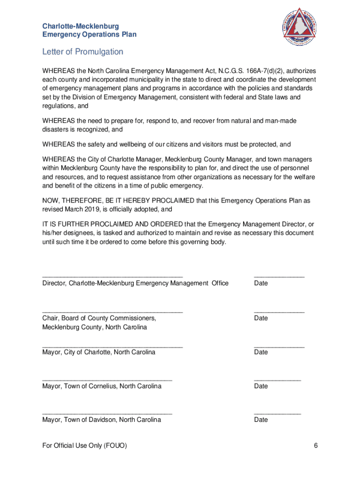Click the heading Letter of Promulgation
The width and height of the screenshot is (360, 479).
tap(83, 51)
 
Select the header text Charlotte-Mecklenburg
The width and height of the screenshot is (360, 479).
tap(80, 26)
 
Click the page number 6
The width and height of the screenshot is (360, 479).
tap(316, 445)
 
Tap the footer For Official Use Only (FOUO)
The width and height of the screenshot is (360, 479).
tap(84, 445)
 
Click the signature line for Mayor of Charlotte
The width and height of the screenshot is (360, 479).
tap(112, 347)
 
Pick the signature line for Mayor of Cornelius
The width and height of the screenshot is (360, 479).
tap(107, 380)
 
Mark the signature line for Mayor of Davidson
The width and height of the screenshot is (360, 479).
tap(107, 414)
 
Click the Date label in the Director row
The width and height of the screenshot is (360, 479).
tap(261, 283)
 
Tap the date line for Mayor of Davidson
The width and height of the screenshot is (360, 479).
tap(277, 414)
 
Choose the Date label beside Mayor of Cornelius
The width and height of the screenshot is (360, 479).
tap(261, 386)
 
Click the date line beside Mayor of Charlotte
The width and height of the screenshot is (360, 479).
tap(279, 347)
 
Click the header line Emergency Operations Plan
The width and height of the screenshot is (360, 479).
tap(89, 35)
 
